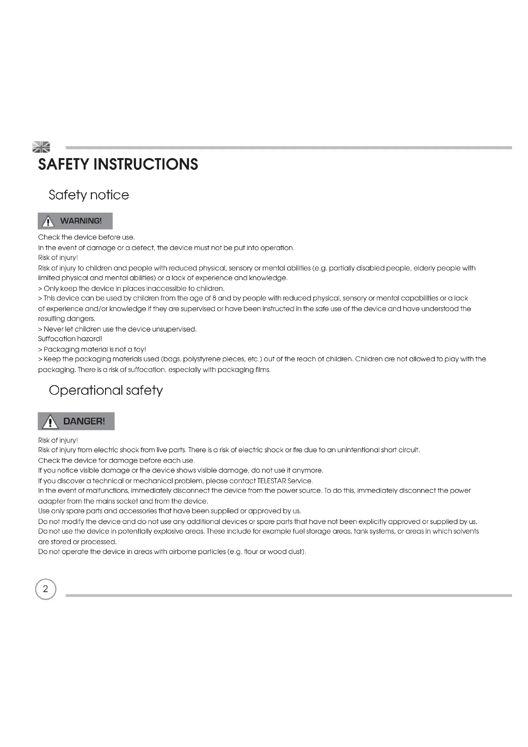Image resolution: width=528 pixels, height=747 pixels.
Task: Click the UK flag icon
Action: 41,147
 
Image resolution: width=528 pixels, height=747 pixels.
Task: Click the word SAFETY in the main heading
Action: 63,164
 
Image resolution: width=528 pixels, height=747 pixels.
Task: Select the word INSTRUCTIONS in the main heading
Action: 146,164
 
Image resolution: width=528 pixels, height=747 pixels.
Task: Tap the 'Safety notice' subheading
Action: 89,195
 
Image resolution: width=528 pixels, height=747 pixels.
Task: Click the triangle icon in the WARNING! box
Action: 48,222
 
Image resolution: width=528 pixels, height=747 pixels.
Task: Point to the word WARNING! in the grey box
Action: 81,221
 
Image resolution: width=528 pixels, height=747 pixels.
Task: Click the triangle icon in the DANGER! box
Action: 50,422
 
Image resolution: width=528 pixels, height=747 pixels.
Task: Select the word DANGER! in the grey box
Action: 84,421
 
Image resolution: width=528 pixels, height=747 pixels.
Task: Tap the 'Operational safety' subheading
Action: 106,390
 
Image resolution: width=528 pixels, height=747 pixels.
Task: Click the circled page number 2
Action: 46,589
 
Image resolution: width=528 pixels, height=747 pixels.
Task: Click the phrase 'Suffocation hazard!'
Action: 70,339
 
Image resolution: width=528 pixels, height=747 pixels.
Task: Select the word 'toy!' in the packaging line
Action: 140,349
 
